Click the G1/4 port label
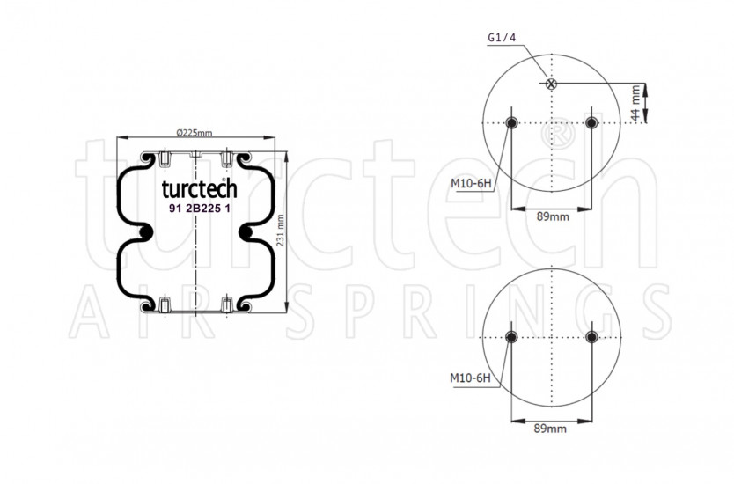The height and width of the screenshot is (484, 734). (x=502, y=38)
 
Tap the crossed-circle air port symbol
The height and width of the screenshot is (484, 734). (x=552, y=84)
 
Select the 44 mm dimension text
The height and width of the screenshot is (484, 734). (x=635, y=102)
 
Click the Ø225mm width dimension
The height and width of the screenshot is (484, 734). (x=195, y=133)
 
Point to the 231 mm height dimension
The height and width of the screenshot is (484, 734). (x=280, y=231)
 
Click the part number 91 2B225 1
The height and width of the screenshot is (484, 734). (x=200, y=209)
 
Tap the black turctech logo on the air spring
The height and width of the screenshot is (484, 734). (x=200, y=188)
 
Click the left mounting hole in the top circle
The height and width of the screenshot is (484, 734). (x=511, y=123)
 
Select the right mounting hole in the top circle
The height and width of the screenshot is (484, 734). (x=591, y=123)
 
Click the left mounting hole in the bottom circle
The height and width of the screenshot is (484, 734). (x=511, y=337)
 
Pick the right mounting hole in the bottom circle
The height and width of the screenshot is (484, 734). (x=591, y=337)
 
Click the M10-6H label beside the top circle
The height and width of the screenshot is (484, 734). (x=471, y=184)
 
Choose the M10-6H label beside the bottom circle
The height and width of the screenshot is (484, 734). (x=470, y=378)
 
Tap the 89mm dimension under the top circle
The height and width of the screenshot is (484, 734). (x=553, y=216)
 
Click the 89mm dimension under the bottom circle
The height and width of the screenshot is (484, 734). (x=550, y=429)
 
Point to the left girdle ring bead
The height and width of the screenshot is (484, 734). (x=146, y=231)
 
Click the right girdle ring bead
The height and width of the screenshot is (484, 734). (x=246, y=231)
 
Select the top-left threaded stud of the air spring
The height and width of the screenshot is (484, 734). (x=165, y=158)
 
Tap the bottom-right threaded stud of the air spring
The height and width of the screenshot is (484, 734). (x=226, y=305)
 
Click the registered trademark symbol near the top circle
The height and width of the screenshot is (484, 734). (x=559, y=133)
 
